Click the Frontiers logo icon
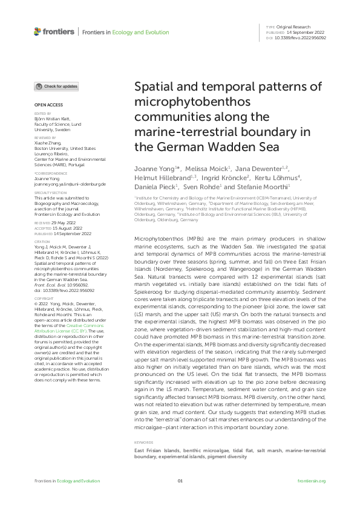click(38, 31)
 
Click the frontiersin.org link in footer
click(312, 481)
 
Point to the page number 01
click(180, 481)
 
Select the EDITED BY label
click(42, 113)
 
